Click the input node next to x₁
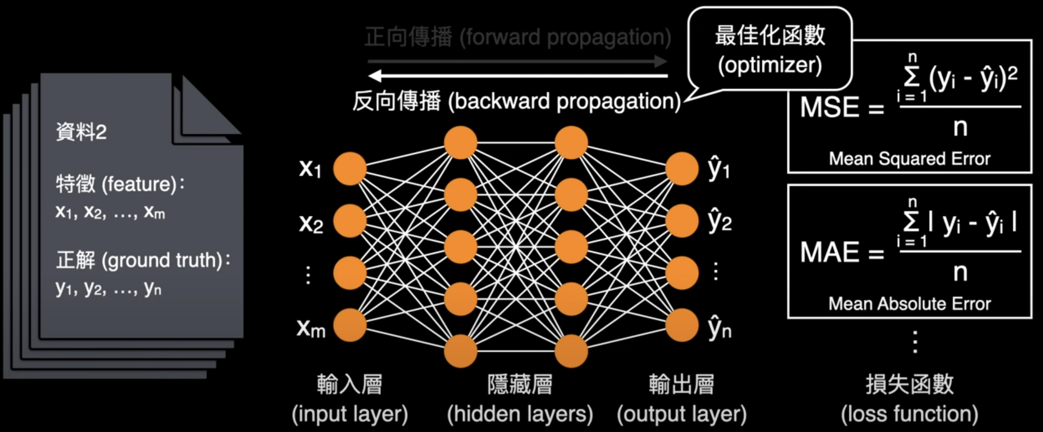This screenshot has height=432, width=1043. (350, 169)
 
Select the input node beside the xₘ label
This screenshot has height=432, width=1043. (350, 325)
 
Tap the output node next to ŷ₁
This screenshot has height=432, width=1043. (682, 169)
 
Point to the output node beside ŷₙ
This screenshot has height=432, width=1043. (682, 325)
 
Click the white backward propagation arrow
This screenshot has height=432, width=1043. (517, 76)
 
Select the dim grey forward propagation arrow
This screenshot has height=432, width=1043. (517, 61)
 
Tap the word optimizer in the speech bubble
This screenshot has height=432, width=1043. (770, 65)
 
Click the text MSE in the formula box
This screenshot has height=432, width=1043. (829, 107)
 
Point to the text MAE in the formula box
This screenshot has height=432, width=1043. (829, 252)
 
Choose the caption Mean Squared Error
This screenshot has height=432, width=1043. (909, 159)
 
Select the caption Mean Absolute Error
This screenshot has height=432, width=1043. (909, 304)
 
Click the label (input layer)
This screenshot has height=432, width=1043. (350, 414)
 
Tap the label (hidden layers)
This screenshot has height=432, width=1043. (520, 414)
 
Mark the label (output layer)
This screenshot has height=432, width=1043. (682, 414)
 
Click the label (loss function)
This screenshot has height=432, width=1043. (909, 414)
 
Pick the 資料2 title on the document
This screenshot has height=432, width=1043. (81, 132)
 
